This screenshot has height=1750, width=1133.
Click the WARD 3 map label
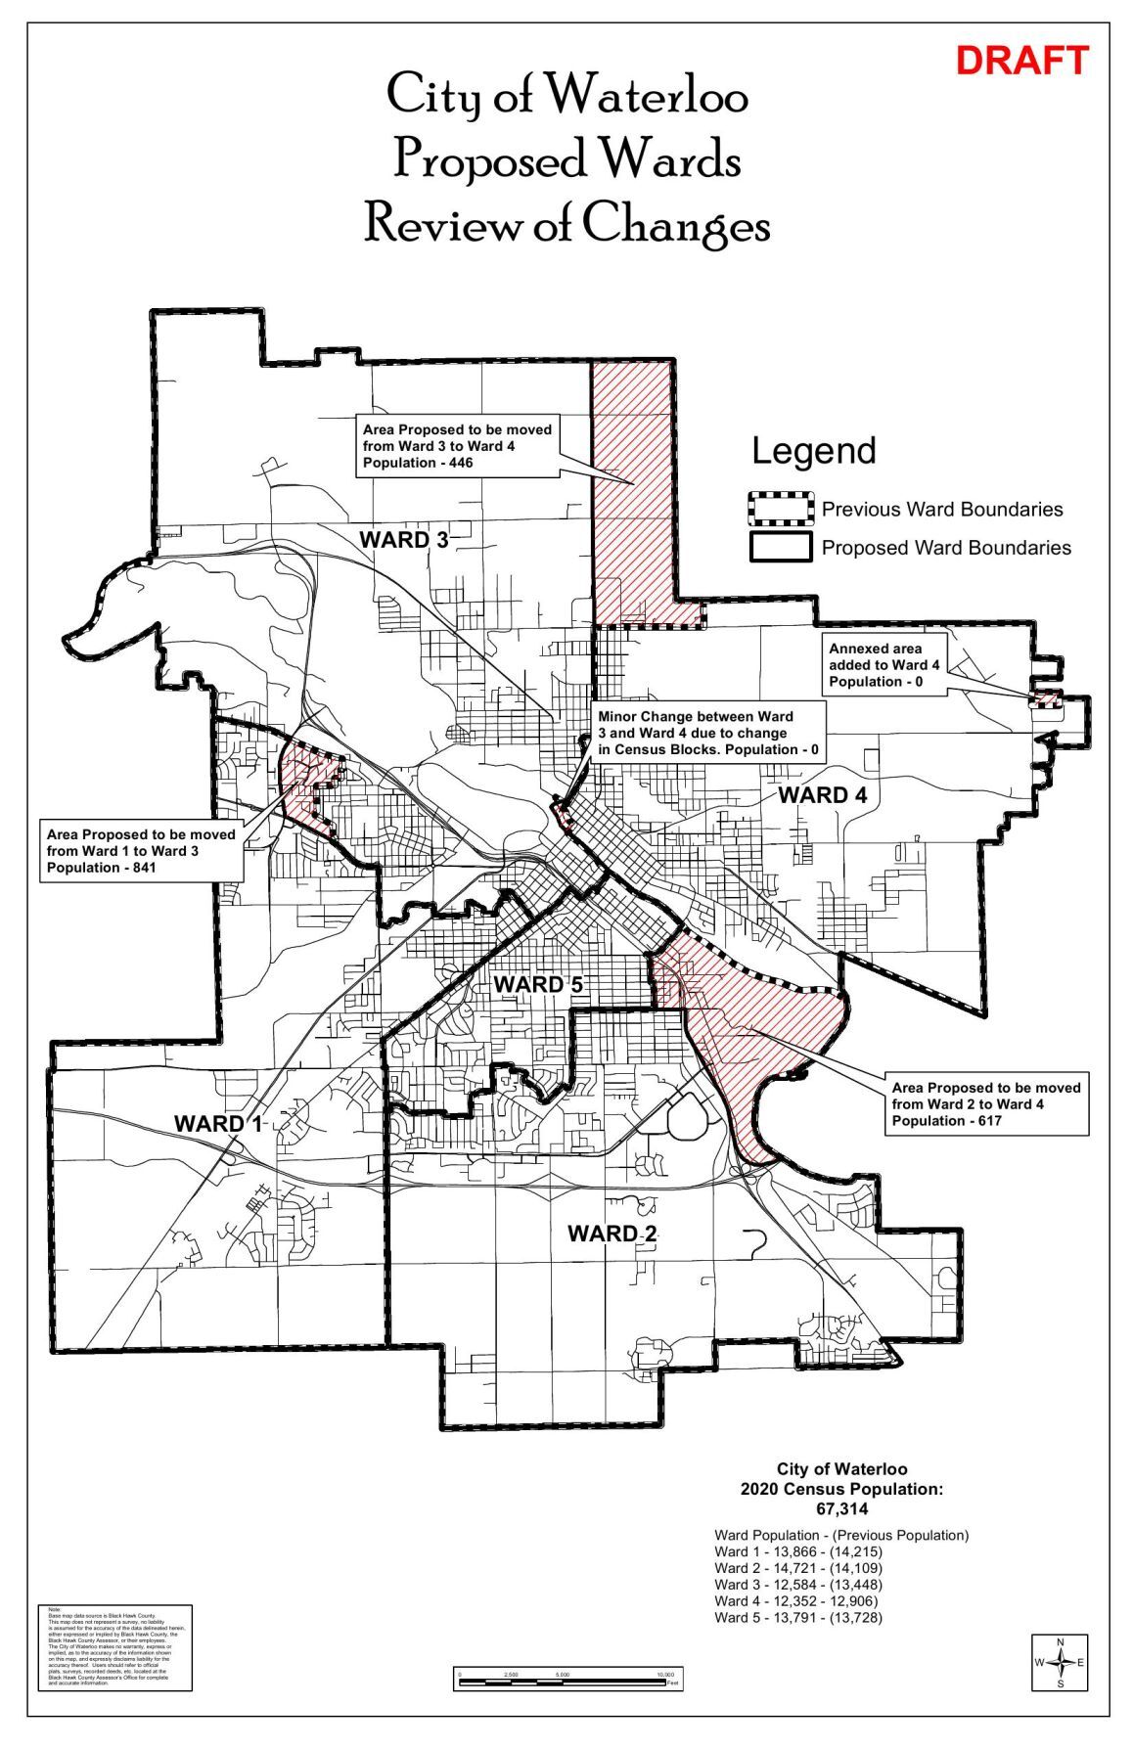tap(403, 539)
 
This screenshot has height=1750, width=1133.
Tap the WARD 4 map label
tap(822, 794)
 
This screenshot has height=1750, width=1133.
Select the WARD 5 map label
tap(537, 984)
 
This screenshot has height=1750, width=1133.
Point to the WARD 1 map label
tap(218, 1124)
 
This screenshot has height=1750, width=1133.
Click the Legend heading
tap(813, 451)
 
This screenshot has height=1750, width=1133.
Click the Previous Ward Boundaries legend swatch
tap(780, 509)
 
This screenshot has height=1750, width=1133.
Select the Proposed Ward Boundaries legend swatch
tap(780, 547)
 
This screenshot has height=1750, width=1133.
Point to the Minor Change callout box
tap(706, 733)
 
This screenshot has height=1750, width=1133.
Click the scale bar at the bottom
tap(568, 1680)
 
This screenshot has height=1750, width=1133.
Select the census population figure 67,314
tap(841, 1509)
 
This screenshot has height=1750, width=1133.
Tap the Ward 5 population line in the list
tap(797, 1617)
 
